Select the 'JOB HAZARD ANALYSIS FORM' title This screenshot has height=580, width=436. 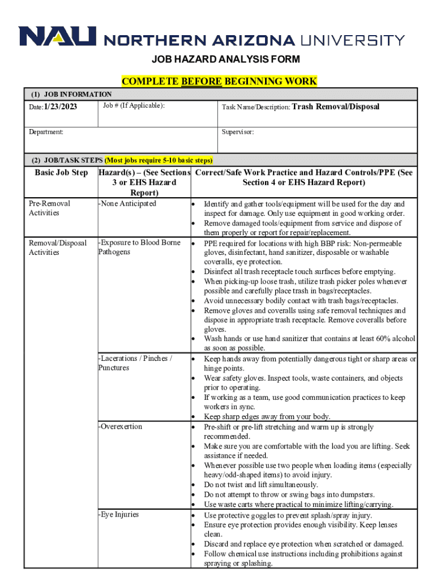[218, 59]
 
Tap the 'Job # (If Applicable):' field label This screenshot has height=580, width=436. [134, 106]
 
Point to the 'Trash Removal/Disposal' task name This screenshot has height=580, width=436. [336, 106]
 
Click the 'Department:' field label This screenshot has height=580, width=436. [46, 132]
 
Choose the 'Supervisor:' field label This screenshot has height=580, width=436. [238, 132]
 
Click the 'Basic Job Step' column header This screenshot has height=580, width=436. [61, 172]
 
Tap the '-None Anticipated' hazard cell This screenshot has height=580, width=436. [127, 204]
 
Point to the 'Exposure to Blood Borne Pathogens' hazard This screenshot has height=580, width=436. [139, 247]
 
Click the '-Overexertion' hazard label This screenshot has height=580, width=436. [120, 427]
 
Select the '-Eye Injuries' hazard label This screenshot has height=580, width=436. [118, 514]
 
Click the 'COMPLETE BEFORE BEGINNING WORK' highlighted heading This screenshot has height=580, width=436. [219, 82]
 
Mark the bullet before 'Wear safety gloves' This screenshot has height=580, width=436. [194, 378]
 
